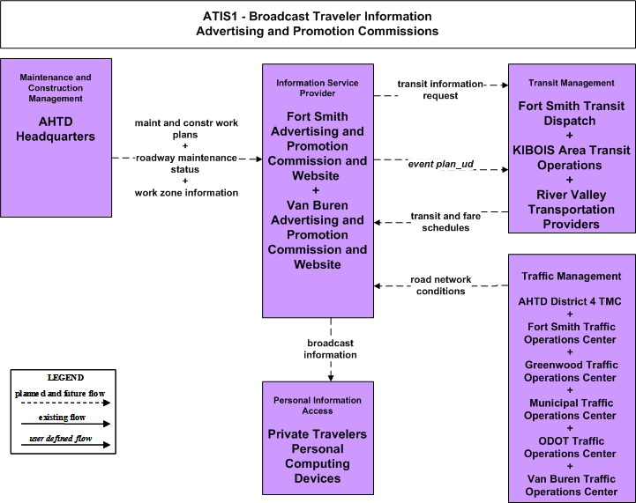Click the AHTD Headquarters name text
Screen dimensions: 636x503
click(56, 129)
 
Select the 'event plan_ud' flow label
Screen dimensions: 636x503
click(440, 164)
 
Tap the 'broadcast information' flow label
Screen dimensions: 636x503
click(330, 349)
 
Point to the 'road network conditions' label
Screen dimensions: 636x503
click(440, 285)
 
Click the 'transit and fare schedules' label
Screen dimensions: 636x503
click(445, 221)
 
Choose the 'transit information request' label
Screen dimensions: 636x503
click(440, 90)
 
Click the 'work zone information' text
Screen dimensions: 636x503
click(186, 193)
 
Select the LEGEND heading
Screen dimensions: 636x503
click(65, 377)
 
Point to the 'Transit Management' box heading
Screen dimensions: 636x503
click(571, 83)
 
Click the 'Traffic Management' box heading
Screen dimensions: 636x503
click(571, 277)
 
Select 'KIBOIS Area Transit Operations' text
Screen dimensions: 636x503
click(571, 158)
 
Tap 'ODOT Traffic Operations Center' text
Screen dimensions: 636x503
click(571, 448)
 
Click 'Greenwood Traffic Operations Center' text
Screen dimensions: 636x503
click(571, 371)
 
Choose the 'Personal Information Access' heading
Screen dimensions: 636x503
click(318, 405)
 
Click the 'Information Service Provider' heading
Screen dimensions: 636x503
click(318, 88)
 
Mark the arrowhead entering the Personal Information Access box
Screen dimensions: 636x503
click(331, 378)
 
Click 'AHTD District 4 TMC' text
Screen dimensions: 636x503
click(570, 301)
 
